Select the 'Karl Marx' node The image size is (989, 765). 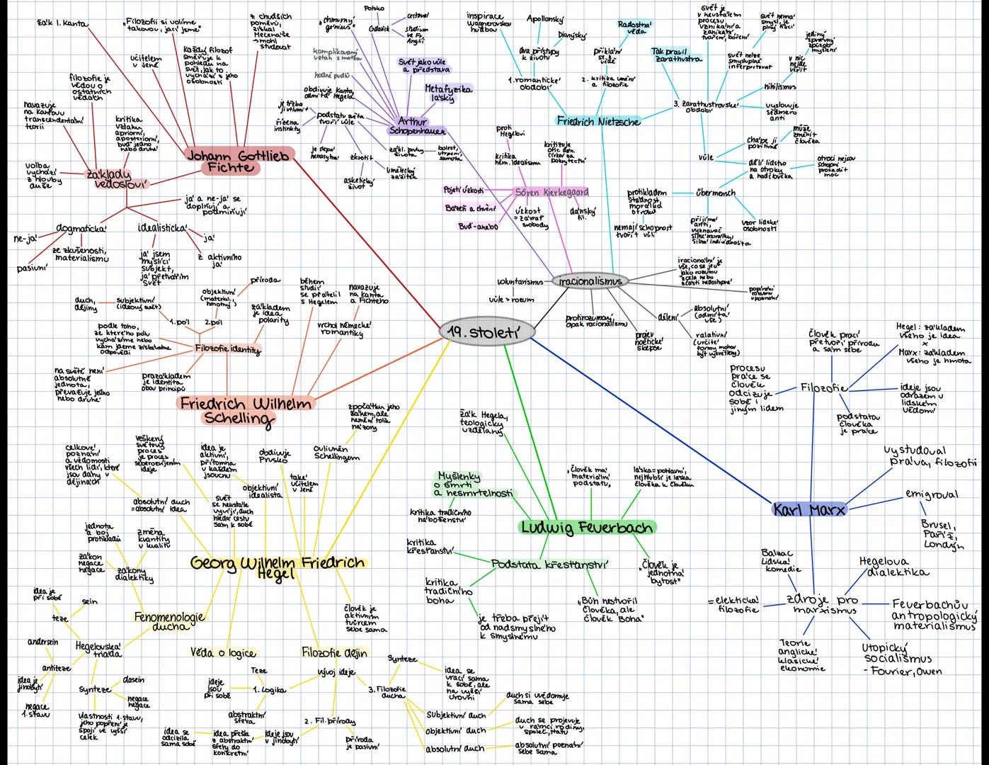click(x=809, y=509)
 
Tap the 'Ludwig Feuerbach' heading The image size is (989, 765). click(x=587, y=527)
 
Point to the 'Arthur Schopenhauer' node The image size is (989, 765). click(x=418, y=126)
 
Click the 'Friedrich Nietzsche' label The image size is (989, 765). click(x=598, y=121)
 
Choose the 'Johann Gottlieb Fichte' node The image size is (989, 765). click(x=238, y=161)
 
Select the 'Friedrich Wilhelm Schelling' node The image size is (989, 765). click(x=245, y=410)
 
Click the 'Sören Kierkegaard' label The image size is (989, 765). click(x=551, y=192)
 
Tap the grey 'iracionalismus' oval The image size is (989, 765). click(x=590, y=281)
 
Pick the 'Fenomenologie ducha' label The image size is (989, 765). click(x=169, y=621)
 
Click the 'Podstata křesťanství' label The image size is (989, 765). click(x=549, y=565)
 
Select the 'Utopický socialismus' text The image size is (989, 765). click(x=896, y=654)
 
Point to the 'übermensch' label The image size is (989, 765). click(x=716, y=193)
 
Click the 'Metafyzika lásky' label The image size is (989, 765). click(x=447, y=93)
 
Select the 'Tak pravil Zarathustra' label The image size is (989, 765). click(x=678, y=55)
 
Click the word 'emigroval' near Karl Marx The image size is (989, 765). click(x=931, y=494)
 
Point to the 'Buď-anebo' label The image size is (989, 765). click(x=479, y=227)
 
